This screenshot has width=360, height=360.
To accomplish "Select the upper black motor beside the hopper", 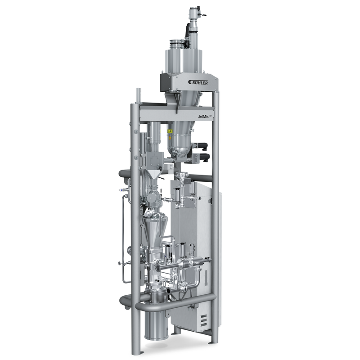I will point(201,146).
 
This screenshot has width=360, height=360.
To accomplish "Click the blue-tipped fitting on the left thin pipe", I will point(122,190).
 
